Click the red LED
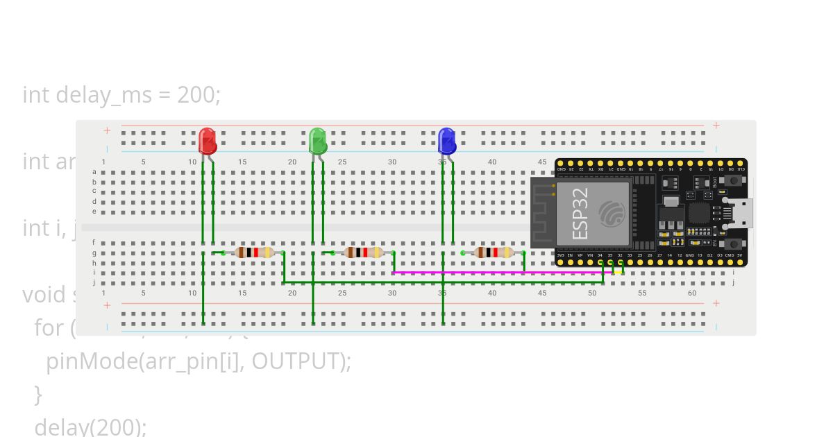click(x=208, y=141)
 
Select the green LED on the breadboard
click(x=317, y=141)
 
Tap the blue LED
click(x=447, y=141)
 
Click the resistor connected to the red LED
click(x=254, y=252)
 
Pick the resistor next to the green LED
click(x=364, y=252)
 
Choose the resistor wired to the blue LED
click(x=494, y=252)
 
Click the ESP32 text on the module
click(x=581, y=213)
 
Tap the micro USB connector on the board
click(x=740, y=213)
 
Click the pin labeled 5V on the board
click(x=740, y=262)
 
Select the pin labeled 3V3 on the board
click(x=561, y=262)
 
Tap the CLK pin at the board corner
click(x=741, y=164)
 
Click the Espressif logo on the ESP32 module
click(x=612, y=213)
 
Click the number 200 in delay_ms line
click(x=196, y=94)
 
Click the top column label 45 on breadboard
click(x=541, y=162)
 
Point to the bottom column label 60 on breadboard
click(x=692, y=293)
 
